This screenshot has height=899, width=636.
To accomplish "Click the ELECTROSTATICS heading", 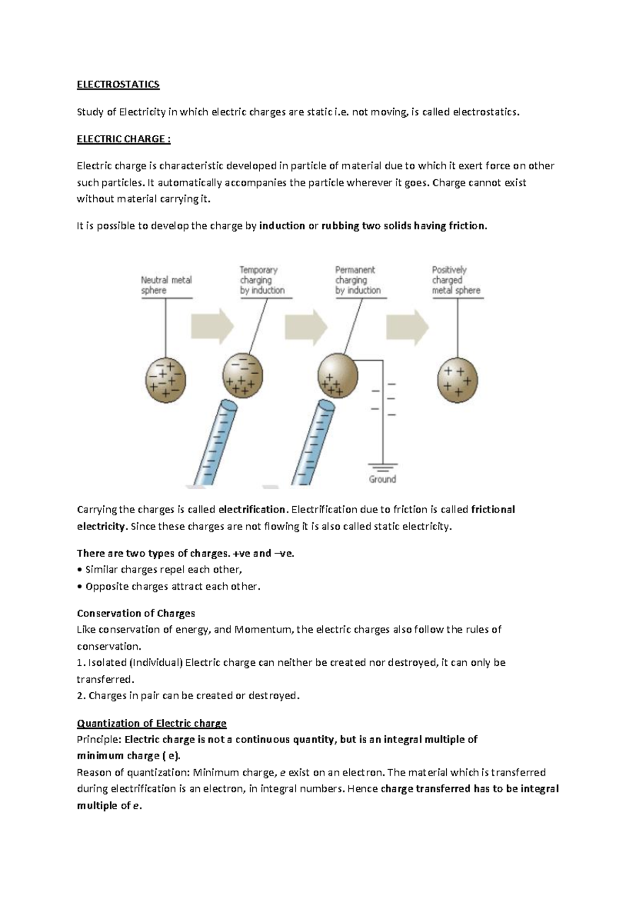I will click(x=118, y=85).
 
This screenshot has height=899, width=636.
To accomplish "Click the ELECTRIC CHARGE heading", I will click(x=123, y=139).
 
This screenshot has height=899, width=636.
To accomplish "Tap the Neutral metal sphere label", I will click(x=166, y=285).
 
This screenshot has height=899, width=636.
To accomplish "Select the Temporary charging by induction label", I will click(x=262, y=280).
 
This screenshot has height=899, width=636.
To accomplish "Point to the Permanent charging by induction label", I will click(x=358, y=280).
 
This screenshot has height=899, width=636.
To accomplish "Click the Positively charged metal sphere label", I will click(x=456, y=280).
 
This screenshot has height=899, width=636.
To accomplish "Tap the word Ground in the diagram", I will click(x=382, y=479).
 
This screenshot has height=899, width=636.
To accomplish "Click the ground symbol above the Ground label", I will click(x=382, y=468).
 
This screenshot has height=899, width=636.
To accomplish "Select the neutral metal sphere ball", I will click(x=166, y=380).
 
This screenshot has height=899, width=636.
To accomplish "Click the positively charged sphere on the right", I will click(x=457, y=380).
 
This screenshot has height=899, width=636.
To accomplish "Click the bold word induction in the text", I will click(x=282, y=226).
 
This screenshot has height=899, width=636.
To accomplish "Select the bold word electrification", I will click(x=252, y=509).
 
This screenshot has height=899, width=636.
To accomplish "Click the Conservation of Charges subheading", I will click(x=136, y=613).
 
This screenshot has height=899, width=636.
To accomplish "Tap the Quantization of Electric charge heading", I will click(x=152, y=723).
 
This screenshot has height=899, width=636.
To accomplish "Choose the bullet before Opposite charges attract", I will click(x=79, y=587).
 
